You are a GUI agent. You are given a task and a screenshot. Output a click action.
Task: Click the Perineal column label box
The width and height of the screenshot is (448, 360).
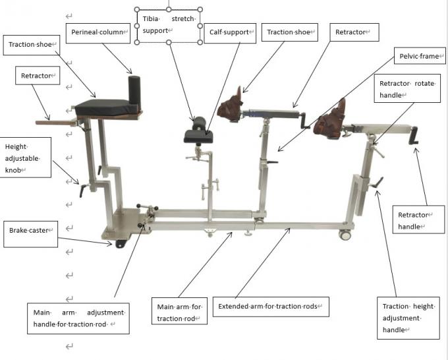(x=98, y=31)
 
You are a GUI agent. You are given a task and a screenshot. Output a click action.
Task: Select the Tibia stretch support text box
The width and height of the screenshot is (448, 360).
(x=169, y=25)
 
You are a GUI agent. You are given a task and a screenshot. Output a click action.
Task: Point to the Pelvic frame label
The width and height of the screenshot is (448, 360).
(x=420, y=57)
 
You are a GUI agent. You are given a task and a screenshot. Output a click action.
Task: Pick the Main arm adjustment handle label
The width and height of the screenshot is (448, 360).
(x=79, y=317)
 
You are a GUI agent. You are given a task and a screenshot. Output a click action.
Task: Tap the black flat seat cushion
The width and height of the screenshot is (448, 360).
(x=102, y=105)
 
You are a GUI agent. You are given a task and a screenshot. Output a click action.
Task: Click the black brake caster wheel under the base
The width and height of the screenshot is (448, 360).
(x=121, y=244)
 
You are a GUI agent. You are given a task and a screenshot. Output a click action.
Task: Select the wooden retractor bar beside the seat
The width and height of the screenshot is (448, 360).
(x=56, y=121)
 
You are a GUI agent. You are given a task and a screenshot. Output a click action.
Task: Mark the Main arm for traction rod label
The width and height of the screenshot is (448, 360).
(x=179, y=313)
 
